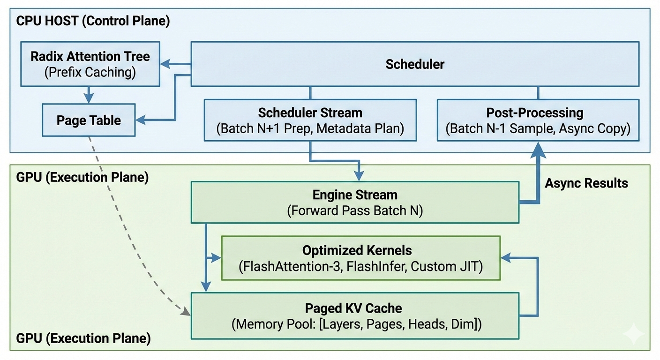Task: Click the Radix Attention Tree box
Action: point(90,64)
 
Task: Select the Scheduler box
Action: point(414,64)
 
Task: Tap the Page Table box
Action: point(89,120)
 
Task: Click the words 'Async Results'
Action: point(586,183)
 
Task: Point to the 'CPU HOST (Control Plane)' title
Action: point(93,21)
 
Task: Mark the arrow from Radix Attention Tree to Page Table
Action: point(88,95)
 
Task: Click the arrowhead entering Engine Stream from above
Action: point(359,176)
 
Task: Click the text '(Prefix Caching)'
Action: point(90,72)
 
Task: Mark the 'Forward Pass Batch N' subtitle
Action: point(355,211)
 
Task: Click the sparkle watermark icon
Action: point(634,333)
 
